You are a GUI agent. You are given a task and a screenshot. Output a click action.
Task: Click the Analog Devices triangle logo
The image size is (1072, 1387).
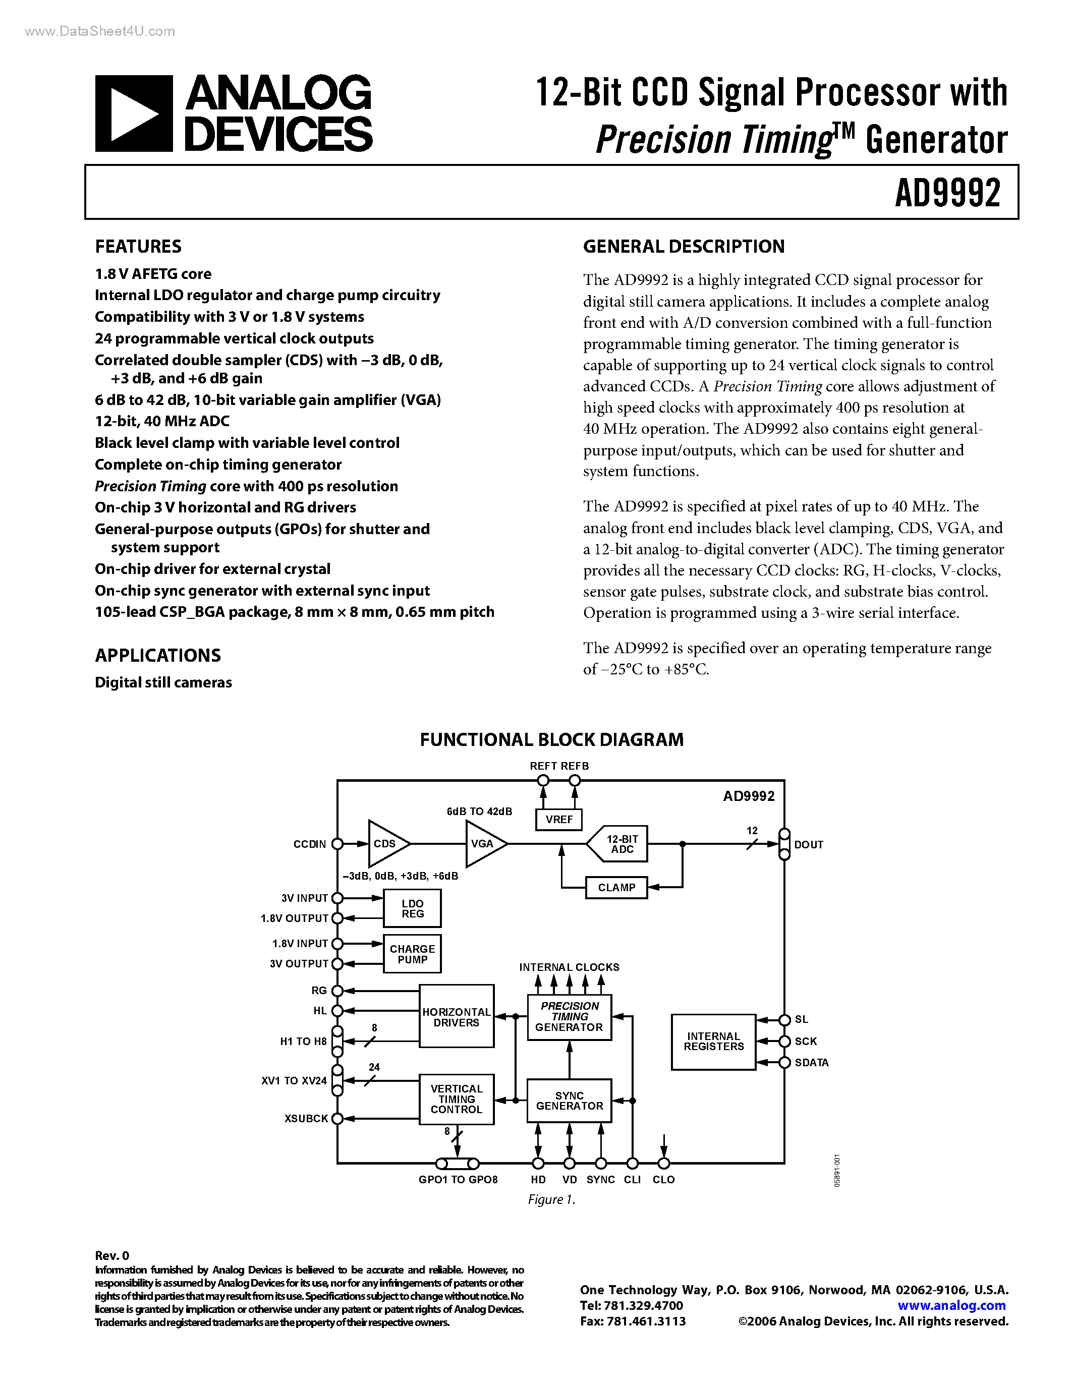tap(134, 113)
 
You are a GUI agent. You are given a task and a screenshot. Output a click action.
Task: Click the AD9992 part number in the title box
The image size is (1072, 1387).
tap(947, 193)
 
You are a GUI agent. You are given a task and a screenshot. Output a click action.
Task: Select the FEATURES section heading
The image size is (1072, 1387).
tap(138, 247)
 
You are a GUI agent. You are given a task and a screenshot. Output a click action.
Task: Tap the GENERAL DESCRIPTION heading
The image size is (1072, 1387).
tap(684, 247)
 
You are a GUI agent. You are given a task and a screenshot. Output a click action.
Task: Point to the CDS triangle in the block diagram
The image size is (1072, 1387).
tap(386, 843)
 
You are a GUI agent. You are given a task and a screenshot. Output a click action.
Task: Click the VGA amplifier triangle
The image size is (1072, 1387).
tap(484, 843)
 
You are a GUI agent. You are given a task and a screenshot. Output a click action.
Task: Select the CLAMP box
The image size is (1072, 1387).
tap(616, 887)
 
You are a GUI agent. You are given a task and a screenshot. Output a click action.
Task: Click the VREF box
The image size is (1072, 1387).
tap(559, 819)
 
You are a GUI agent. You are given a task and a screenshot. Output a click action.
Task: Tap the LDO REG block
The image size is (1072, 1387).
tap(412, 908)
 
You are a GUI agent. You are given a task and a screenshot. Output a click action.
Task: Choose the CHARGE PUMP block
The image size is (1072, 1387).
tap(412, 954)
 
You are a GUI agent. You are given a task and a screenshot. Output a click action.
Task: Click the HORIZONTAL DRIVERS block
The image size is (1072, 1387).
tap(456, 1017)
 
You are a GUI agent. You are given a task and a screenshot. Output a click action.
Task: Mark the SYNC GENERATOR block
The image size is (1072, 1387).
tap(569, 1101)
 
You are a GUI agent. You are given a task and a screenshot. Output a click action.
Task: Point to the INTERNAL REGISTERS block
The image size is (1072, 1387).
tap(713, 1042)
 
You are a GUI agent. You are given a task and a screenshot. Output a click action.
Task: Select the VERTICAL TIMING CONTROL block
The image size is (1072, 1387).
tap(456, 1100)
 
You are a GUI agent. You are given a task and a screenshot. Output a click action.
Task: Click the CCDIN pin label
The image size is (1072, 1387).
tap(309, 844)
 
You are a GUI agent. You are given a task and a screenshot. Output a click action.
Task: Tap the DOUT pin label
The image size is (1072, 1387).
tap(809, 845)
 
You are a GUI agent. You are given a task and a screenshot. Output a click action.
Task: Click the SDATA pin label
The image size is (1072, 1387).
tap(812, 1063)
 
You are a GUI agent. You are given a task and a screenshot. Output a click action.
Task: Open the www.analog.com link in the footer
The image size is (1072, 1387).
tap(951, 1306)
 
